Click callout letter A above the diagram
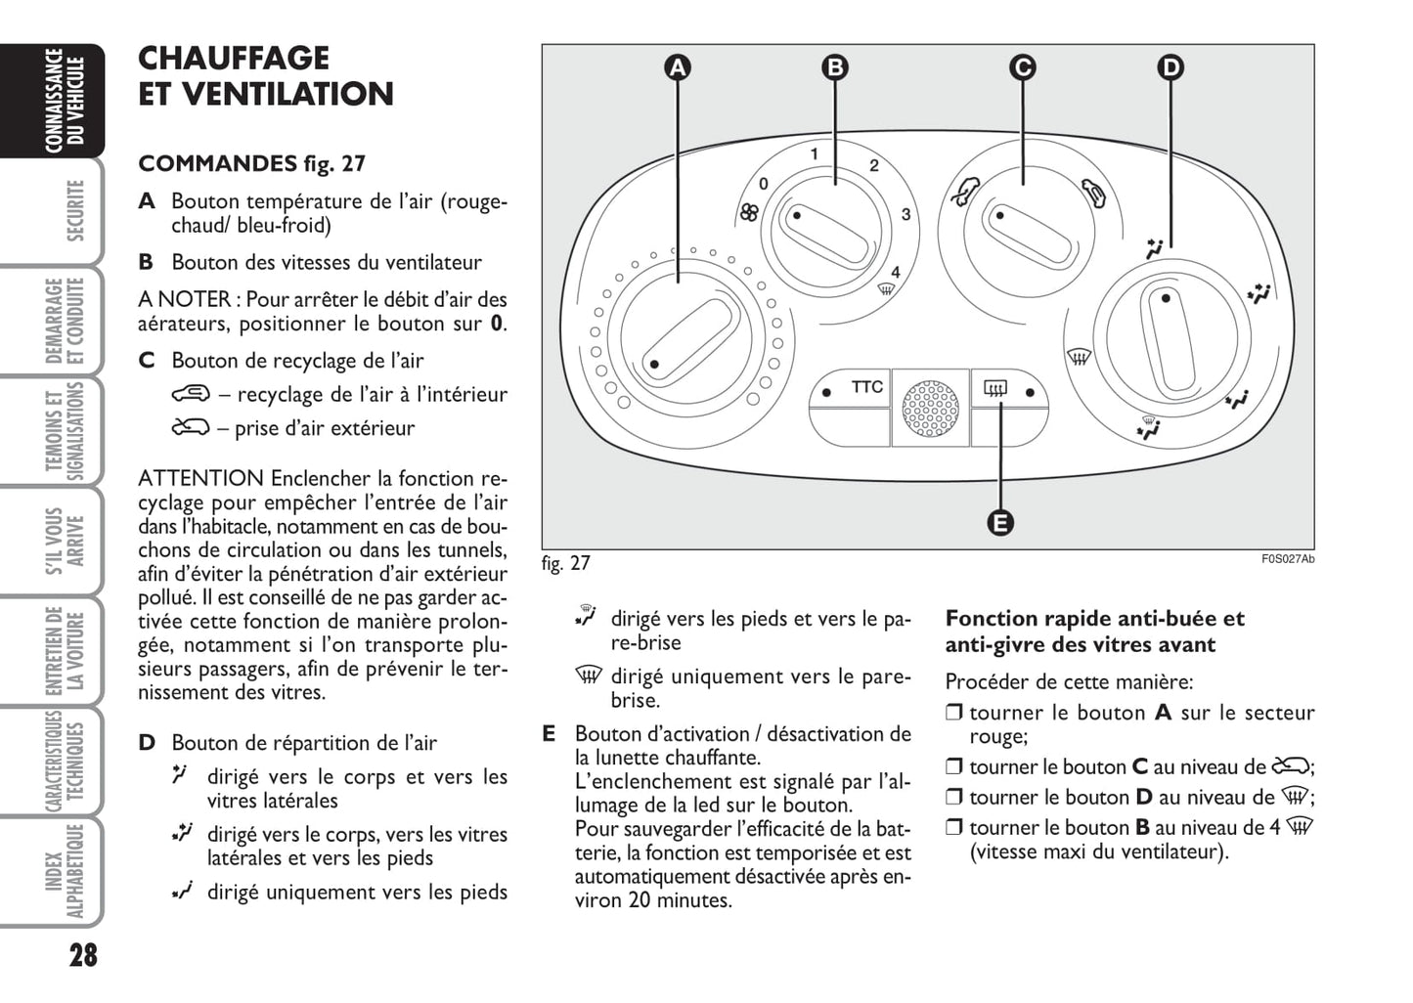tap(678, 67)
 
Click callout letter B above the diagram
tap(834, 67)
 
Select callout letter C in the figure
tap(1022, 67)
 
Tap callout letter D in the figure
tap(1170, 67)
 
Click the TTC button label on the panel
tap(866, 387)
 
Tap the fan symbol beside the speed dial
tap(749, 212)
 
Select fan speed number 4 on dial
tap(895, 273)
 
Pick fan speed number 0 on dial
tap(764, 183)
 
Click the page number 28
tap(83, 954)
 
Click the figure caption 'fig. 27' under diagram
tap(566, 563)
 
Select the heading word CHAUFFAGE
tap(234, 59)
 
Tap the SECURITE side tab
tap(74, 210)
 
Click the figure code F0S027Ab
tap(1287, 559)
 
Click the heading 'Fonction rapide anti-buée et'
tap(1094, 619)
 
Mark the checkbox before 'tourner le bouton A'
tap(954, 714)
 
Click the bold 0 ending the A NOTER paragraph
tap(497, 324)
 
